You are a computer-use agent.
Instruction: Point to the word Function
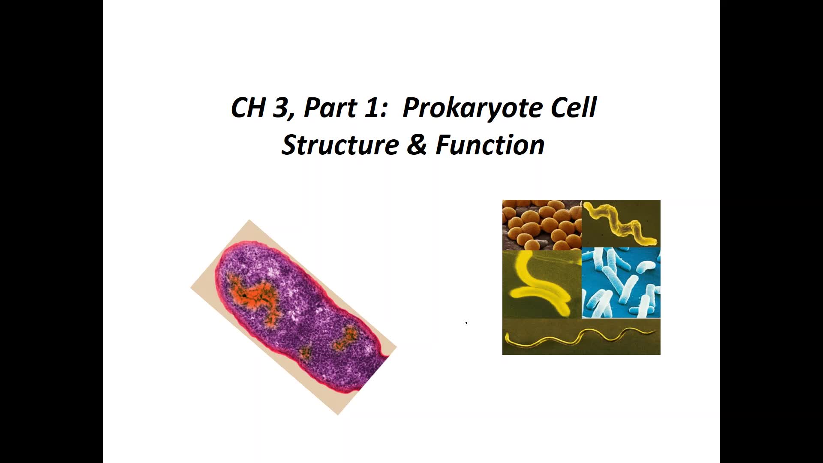click(x=490, y=144)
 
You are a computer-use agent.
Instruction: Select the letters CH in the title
click(x=248, y=108)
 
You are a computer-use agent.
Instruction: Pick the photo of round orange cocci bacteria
click(x=542, y=225)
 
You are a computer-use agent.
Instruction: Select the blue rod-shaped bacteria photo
click(x=621, y=283)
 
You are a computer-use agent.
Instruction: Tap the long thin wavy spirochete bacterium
click(x=580, y=337)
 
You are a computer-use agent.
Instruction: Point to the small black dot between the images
click(x=466, y=322)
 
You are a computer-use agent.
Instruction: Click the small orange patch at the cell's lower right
click(x=345, y=338)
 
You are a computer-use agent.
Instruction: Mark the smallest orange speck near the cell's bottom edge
click(x=305, y=352)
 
